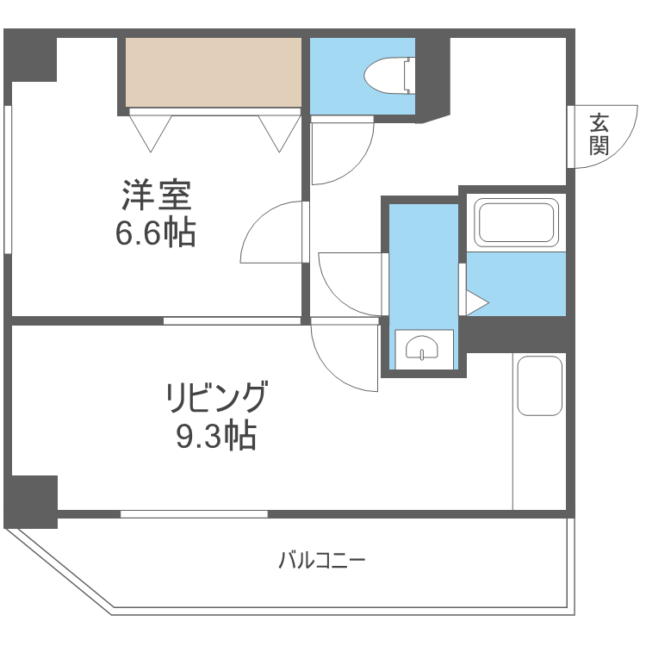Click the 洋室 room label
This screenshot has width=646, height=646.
point(155,196)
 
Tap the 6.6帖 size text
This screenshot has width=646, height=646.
point(155,233)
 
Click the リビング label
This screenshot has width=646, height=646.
point(217,399)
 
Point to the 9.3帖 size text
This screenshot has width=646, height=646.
point(217,438)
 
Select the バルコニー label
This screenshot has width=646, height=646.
point(322,562)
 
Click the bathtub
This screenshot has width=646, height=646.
point(516,223)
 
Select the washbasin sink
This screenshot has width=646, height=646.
point(422,349)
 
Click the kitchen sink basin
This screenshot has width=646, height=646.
point(539,385)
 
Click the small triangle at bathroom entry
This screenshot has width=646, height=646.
point(476,302)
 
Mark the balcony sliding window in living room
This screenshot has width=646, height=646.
point(194,514)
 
